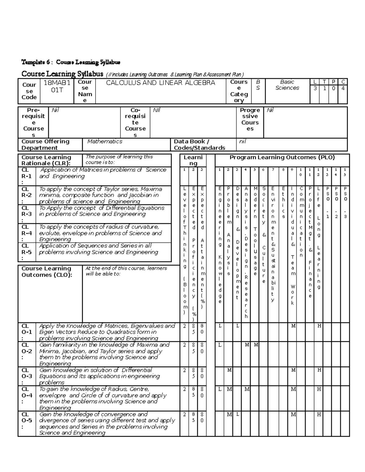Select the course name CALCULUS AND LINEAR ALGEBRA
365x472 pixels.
pyautogui.click(x=160, y=83)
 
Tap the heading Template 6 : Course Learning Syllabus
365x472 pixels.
pyautogui.click(x=71, y=62)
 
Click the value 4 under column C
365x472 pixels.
pyautogui.click(x=343, y=88)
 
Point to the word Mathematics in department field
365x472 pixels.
pyautogui.click(x=105, y=142)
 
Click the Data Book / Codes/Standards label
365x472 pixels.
pyautogui.click(x=199, y=145)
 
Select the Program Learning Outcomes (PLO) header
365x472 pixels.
pyautogui.click(x=282, y=157)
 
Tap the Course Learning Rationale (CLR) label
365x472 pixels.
pyautogui.click(x=46, y=160)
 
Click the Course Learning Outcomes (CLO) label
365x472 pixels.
pyautogui.click(x=47, y=272)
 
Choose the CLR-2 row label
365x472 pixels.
pyautogui.click(x=26, y=195)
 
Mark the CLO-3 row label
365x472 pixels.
pyautogui.click(x=26, y=376)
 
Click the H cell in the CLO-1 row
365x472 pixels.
pyautogui.click(x=319, y=326)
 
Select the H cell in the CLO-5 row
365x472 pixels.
pyautogui.click(x=319, y=415)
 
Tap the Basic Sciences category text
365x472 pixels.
pyautogui.click(x=287, y=85)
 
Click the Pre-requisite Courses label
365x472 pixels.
pyautogui.click(x=33, y=122)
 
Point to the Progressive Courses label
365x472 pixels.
pyautogui.click(x=250, y=119)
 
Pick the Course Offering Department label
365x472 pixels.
pyautogui.click(x=45, y=145)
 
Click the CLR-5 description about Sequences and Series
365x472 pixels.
pyautogui.click(x=99, y=249)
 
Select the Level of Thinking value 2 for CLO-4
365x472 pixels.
pyautogui.click(x=184, y=389)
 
